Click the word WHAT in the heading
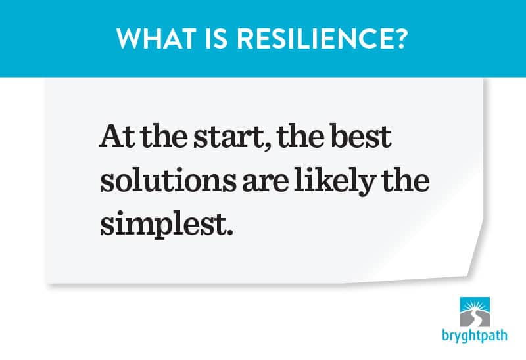(x=156, y=39)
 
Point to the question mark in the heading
(x=398, y=39)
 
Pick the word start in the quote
(x=229, y=137)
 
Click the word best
(x=361, y=136)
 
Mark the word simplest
(x=162, y=224)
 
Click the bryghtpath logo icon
(x=474, y=312)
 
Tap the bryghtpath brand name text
(x=474, y=336)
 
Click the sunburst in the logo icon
(x=474, y=305)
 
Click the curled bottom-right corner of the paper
(x=473, y=265)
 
